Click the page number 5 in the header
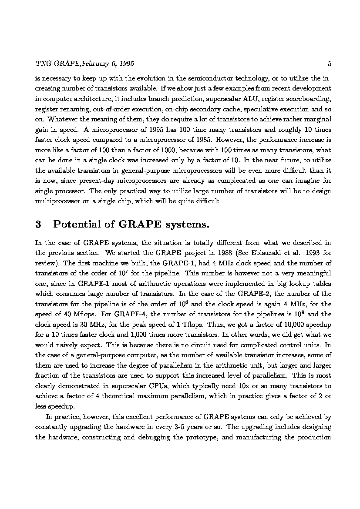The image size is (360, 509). click(x=330, y=64)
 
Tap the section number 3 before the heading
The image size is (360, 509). click(x=38, y=224)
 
